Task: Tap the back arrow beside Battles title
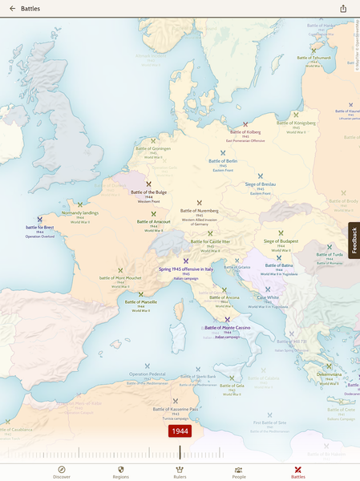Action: [12, 9]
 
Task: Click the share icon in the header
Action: [343, 9]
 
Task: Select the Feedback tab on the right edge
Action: [354, 240]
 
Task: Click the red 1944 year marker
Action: [180, 431]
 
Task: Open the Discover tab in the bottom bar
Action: [62, 471]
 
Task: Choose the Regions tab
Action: [121, 471]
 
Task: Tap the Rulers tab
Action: [180, 471]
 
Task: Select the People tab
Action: [239, 471]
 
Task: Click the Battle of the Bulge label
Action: [148, 192]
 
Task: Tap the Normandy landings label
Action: [80, 212]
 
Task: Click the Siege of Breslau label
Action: [260, 184]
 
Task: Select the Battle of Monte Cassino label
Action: [228, 327]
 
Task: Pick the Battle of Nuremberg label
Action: [200, 211]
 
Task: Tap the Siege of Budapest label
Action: [281, 240]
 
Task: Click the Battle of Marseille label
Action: [141, 302]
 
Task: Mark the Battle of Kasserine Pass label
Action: [175, 409]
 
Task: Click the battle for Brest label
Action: [39, 227]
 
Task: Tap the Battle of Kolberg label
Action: [245, 131]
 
